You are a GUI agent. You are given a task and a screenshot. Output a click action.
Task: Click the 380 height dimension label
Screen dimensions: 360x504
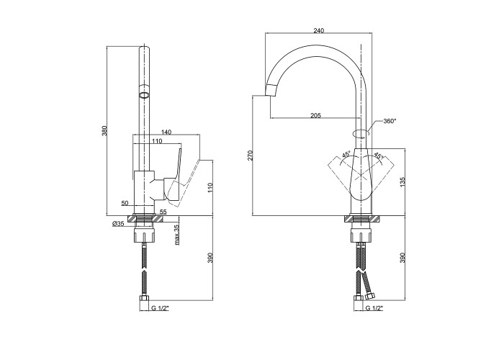[x=104, y=131]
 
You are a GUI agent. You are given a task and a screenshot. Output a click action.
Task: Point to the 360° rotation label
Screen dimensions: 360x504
[x=390, y=121]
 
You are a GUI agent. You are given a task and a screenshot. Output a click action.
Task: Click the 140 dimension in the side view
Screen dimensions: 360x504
[x=166, y=132]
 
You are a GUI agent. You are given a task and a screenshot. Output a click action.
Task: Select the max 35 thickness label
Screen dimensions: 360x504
[x=176, y=235]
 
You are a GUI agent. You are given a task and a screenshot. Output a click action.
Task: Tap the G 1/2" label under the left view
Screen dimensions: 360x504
[x=160, y=309]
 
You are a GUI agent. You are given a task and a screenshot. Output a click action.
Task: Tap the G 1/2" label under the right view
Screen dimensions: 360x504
[x=374, y=309]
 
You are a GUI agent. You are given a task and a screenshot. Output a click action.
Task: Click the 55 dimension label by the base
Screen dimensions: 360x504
[x=163, y=212]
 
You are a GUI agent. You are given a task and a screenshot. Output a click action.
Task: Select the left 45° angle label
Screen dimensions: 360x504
[x=345, y=154]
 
